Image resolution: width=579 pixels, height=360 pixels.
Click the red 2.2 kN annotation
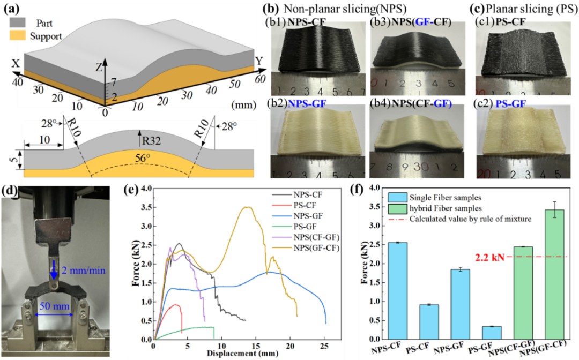click(x=490, y=258)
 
